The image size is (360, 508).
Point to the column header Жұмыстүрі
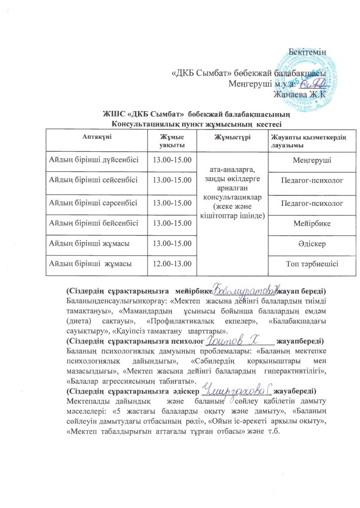click(x=230, y=137)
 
